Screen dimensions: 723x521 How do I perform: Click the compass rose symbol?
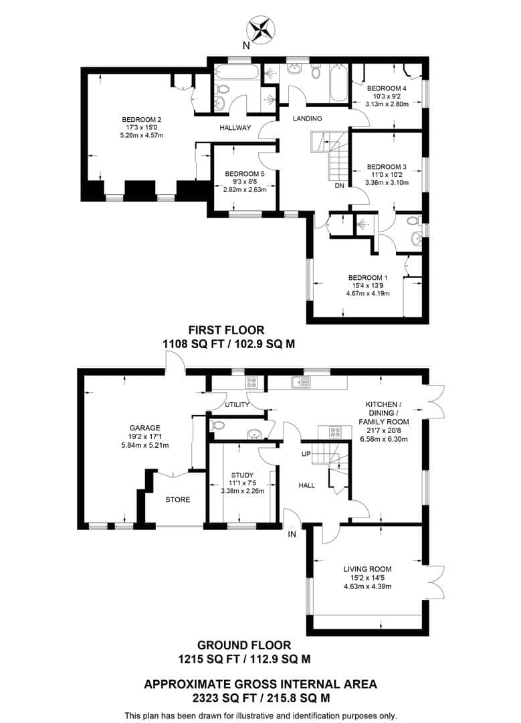[262, 30]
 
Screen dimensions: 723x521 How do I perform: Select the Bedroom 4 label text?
[387, 88]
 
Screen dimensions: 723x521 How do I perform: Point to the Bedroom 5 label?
[244, 172]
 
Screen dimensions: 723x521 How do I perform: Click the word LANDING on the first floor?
[308, 118]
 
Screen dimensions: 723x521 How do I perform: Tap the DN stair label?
[340, 186]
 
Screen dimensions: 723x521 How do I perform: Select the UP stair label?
[307, 453]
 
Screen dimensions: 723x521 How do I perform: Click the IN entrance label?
[292, 534]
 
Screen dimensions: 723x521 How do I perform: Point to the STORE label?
[177, 499]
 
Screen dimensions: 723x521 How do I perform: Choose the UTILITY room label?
[237, 404]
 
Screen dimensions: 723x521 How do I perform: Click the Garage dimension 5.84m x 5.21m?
[144, 445]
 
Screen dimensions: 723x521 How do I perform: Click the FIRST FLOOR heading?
[226, 329]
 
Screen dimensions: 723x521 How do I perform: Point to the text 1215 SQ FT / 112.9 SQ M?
[244, 659]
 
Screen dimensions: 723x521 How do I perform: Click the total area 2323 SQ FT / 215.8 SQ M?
[261, 698]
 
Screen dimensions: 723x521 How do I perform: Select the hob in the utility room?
[253, 382]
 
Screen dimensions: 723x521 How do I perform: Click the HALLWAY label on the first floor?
[234, 128]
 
